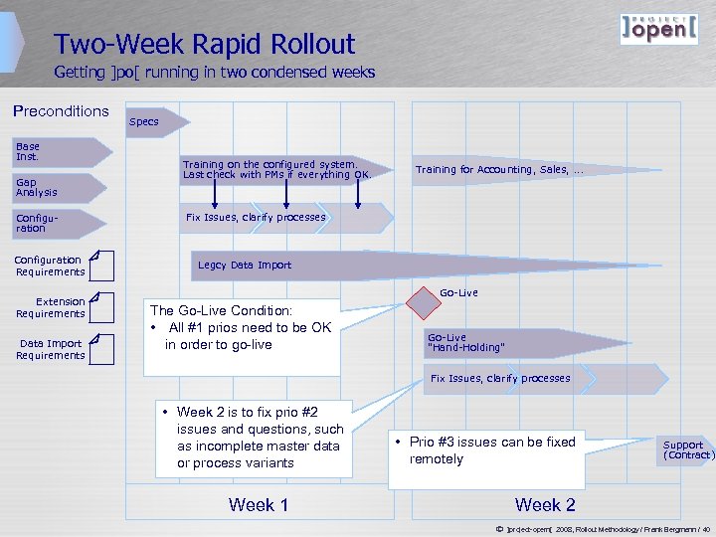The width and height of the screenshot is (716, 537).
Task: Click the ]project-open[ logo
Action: [x=658, y=29]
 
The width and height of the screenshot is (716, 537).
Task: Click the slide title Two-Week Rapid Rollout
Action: [x=204, y=45]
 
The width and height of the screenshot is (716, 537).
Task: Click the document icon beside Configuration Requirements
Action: [x=100, y=266]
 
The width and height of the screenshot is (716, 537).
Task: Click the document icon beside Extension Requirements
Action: [x=100, y=307]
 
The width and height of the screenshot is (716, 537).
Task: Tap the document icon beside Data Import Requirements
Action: [x=100, y=349]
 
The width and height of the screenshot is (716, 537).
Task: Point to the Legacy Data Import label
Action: [x=245, y=266]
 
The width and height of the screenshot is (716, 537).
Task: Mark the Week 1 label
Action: [x=259, y=505]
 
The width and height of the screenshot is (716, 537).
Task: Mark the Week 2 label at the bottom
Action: [x=545, y=505]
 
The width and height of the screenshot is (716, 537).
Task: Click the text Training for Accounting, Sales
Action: [x=499, y=170]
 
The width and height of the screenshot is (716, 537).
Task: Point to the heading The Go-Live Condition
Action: [x=221, y=310]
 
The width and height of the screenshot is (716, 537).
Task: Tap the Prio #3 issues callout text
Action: [x=492, y=450]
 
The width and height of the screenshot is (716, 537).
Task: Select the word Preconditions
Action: [x=61, y=111]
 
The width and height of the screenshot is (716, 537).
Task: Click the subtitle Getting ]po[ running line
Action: [x=214, y=73]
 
